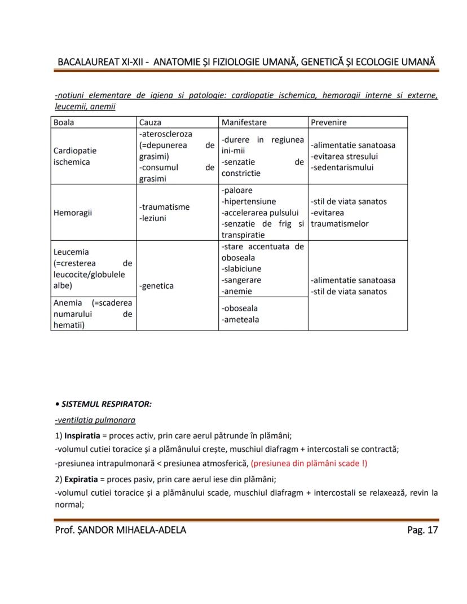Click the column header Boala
[x=64, y=122]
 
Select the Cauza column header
[x=150, y=122]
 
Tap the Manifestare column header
[x=244, y=122]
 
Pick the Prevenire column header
[x=328, y=122]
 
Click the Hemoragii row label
[x=73, y=213]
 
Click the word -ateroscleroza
[x=165, y=134]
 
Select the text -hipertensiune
[x=249, y=201]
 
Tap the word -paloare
[x=237, y=190]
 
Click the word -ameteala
[x=240, y=320]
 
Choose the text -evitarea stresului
[x=344, y=156]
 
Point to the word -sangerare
[x=241, y=280]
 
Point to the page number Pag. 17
[x=422, y=530]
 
